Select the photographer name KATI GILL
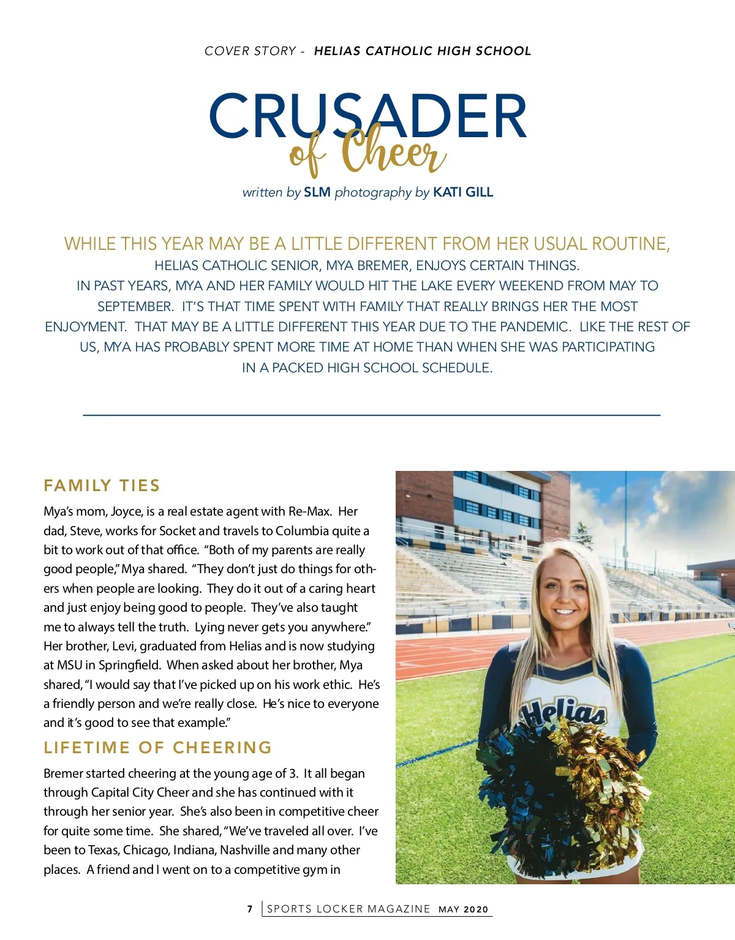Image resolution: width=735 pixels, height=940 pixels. click(462, 192)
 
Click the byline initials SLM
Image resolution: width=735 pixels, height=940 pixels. click(317, 192)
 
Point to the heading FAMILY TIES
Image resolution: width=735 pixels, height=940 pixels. click(102, 486)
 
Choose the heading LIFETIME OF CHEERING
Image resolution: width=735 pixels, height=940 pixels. click(157, 747)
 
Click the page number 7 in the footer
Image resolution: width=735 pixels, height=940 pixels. click(250, 909)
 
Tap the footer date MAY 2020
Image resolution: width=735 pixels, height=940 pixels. click(464, 909)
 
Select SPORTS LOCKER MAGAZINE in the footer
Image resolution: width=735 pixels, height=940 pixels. click(349, 909)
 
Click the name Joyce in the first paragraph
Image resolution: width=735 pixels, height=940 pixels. click(127, 511)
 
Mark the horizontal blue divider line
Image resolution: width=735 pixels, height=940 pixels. click(371, 415)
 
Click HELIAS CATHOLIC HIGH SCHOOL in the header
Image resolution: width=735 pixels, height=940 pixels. click(422, 51)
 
